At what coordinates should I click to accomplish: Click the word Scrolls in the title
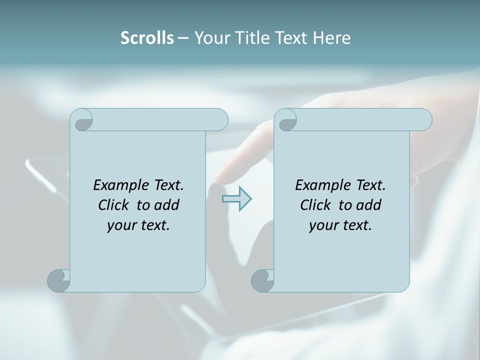coord(147,38)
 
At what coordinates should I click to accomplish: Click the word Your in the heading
coord(212,38)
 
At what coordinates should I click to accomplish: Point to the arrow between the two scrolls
coord(236,199)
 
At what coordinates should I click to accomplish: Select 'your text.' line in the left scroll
coord(138,225)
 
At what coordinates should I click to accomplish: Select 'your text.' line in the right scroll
coord(340,225)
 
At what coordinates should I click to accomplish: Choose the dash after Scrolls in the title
coord(183,38)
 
